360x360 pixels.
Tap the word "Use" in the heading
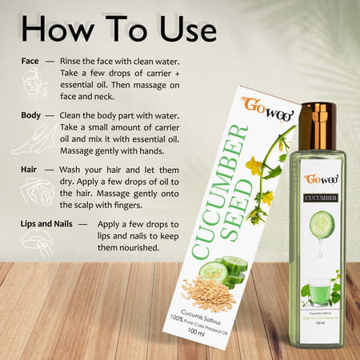179,30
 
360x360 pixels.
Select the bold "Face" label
30,61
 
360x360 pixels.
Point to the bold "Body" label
32,115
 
